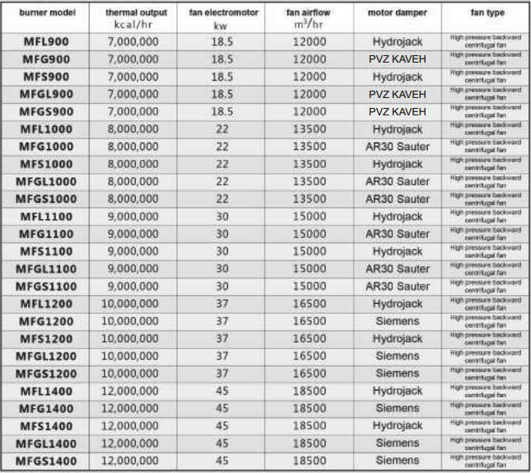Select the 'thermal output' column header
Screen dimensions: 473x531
132,14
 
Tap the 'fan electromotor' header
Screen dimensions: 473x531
221,14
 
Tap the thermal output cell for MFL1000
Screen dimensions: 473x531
132,129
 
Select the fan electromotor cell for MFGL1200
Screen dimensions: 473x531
221,356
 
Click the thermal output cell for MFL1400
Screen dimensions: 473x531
132,391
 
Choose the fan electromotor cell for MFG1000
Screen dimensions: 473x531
221,146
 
